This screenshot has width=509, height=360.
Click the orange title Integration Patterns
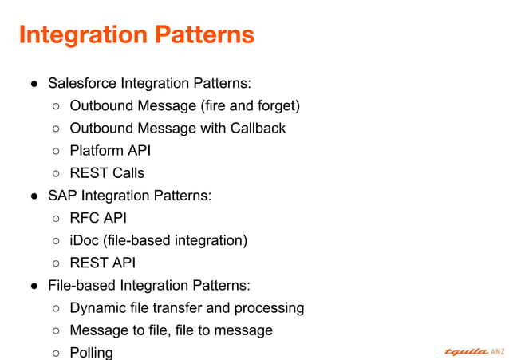click(x=136, y=34)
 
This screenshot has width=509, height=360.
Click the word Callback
click(x=256, y=128)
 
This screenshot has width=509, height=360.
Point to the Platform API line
click(x=109, y=150)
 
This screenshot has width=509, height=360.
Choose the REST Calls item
click(x=107, y=172)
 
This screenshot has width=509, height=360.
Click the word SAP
click(x=62, y=196)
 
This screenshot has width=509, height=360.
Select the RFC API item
click(x=98, y=218)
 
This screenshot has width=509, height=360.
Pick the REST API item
click(x=102, y=263)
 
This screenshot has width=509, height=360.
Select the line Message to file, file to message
click(x=171, y=330)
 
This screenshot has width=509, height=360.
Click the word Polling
click(x=91, y=352)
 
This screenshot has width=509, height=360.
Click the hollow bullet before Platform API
click(x=57, y=151)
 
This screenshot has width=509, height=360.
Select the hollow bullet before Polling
click(x=57, y=353)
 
